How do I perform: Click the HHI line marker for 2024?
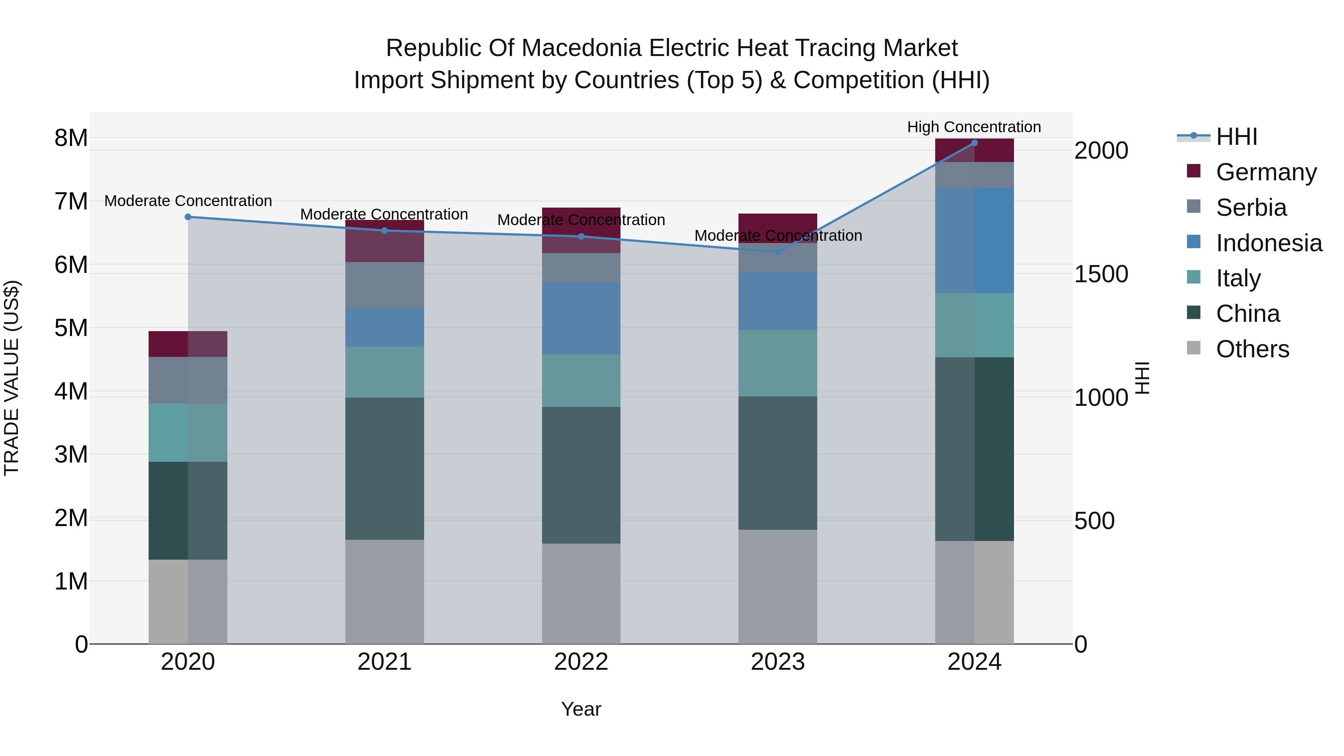pyautogui.click(x=974, y=143)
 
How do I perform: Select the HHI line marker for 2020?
pyautogui.click(x=188, y=217)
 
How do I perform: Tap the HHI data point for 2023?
pyautogui.click(x=777, y=252)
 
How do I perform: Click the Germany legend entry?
pyautogui.click(x=1266, y=172)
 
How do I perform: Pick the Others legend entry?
pyautogui.click(x=1252, y=349)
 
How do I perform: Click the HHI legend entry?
pyautogui.click(x=1236, y=137)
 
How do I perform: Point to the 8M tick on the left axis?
pyautogui.click(x=71, y=138)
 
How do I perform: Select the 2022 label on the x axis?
pyautogui.click(x=581, y=662)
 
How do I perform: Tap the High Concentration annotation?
pyautogui.click(x=974, y=127)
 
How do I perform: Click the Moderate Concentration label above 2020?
pyautogui.click(x=188, y=201)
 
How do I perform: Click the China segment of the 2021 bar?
pyautogui.click(x=385, y=469)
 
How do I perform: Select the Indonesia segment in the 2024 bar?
pyautogui.click(x=974, y=240)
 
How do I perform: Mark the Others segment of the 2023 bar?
pyautogui.click(x=777, y=587)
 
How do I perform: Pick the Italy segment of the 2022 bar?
pyautogui.click(x=581, y=381)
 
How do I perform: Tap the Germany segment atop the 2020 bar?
pyautogui.click(x=188, y=344)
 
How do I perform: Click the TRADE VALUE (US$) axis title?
pyautogui.click(x=12, y=378)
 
